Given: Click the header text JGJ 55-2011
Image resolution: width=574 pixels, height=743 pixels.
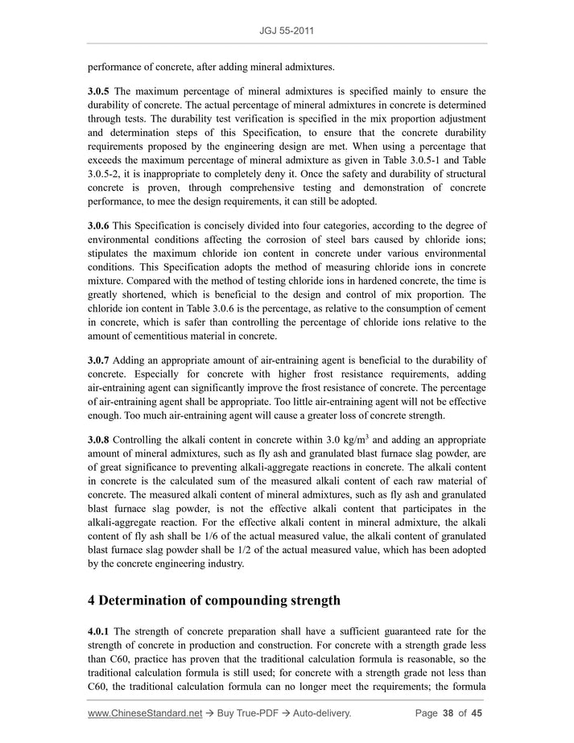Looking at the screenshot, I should click(x=287, y=31).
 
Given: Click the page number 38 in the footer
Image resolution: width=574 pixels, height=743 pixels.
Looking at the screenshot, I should click(x=448, y=713).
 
